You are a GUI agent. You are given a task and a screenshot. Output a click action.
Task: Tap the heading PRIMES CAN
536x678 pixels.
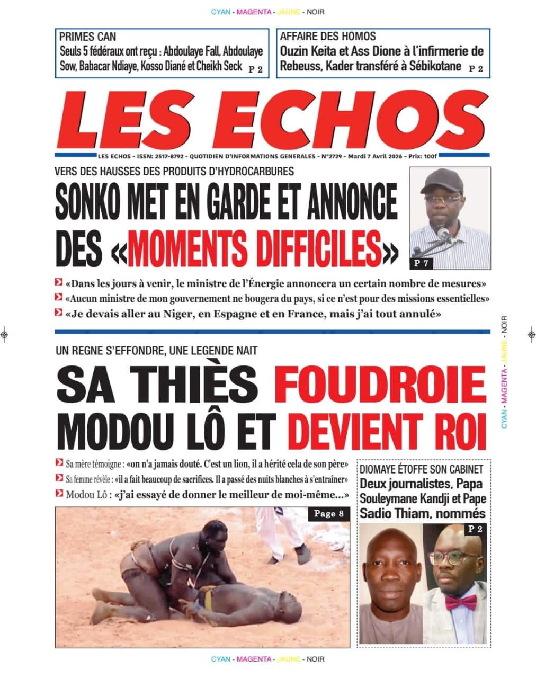pyautogui.click(x=87, y=37)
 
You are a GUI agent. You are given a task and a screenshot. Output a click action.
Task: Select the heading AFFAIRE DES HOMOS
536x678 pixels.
pyautogui.click(x=328, y=37)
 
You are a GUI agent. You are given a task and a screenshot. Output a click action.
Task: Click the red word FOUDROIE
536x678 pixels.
pyautogui.click(x=380, y=385)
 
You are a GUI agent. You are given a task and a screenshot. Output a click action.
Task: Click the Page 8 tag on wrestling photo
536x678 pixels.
pyautogui.click(x=329, y=513)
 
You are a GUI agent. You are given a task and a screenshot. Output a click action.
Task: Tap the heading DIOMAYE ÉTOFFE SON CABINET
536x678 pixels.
pyautogui.click(x=421, y=469)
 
